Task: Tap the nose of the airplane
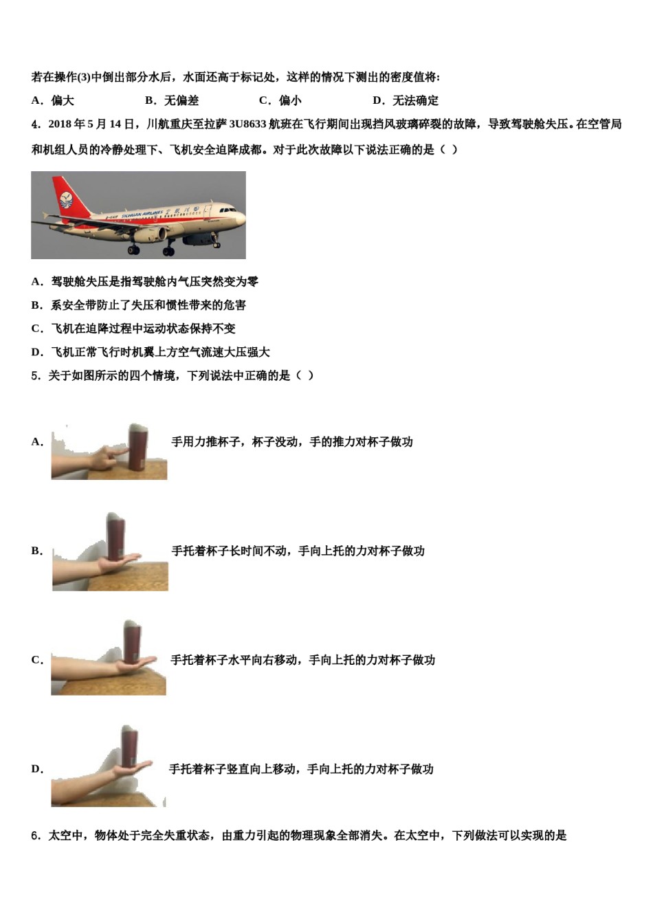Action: click(241, 217)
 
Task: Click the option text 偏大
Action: click(63, 100)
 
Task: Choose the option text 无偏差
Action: click(181, 100)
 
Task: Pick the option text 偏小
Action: click(290, 100)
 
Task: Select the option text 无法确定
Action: click(415, 100)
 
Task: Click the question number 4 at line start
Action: click(35, 124)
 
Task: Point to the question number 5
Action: click(35, 375)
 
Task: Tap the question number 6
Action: click(35, 835)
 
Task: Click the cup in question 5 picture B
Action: click(116, 536)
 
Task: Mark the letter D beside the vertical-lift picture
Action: click(36, 769)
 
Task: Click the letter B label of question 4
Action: click(36, 305)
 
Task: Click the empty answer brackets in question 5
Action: click(305, 375)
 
